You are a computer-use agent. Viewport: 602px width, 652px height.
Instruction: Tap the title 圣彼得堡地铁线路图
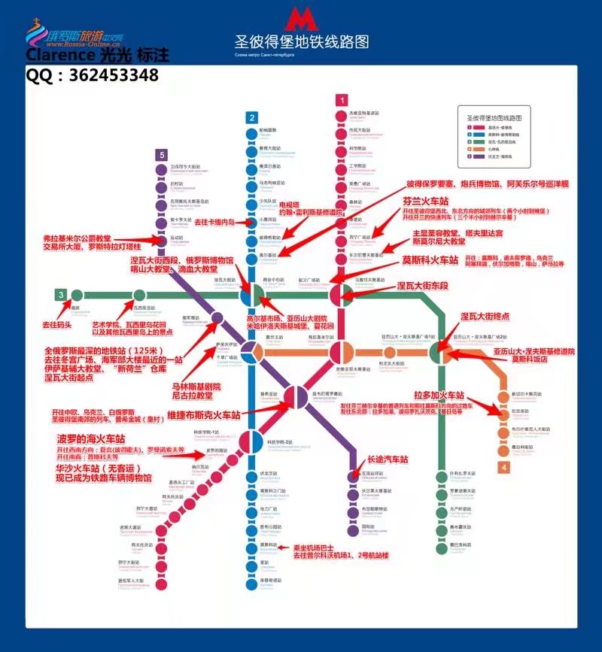point(302,41)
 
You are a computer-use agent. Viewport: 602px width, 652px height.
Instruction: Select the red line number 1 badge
point(342,100)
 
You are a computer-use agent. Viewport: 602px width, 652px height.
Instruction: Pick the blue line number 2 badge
point(252,117)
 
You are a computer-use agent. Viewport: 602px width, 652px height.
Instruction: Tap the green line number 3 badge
point(59,294)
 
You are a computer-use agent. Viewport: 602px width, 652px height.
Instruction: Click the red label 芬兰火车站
point(432,202)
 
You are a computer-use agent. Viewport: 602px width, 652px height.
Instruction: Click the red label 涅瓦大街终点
point(485,317)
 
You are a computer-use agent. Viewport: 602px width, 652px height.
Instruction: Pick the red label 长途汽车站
point(387,459)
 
